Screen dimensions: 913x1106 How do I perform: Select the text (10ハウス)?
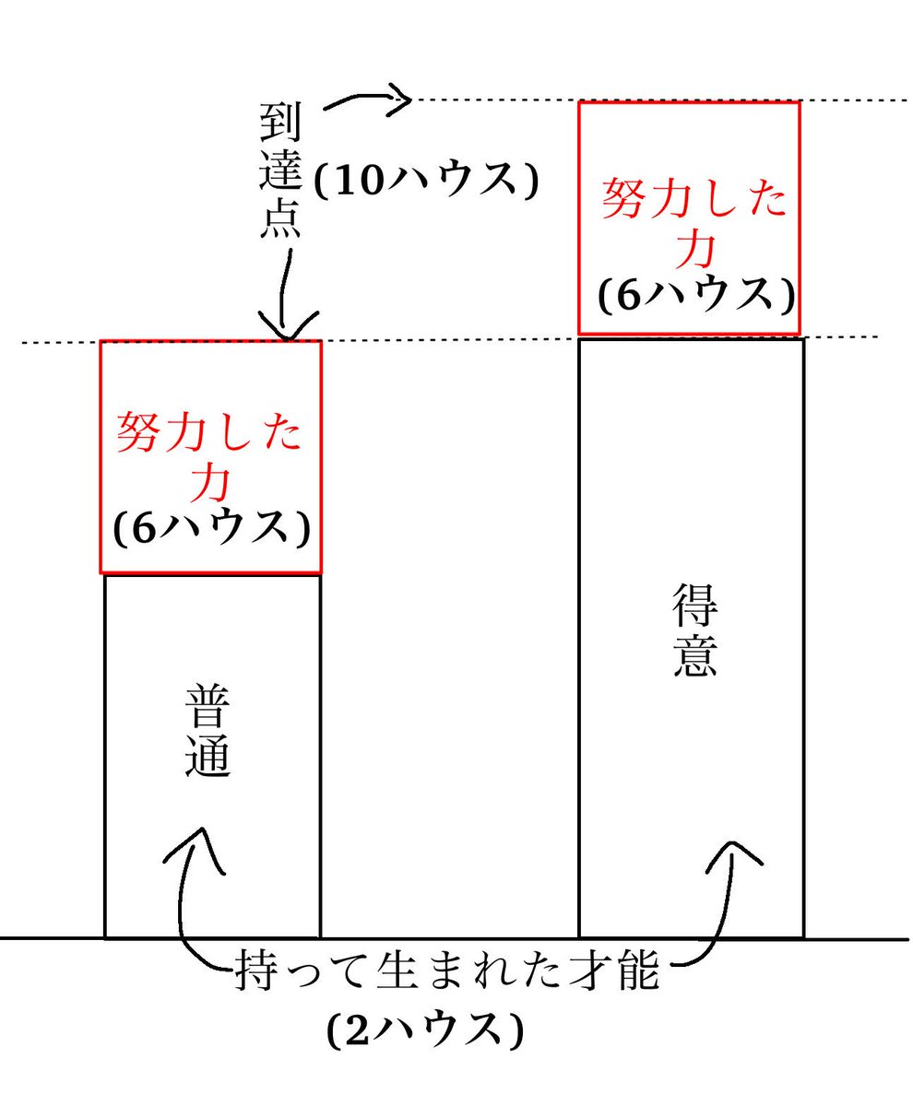[426, 181]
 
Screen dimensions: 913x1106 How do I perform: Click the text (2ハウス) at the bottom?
[426, 1030]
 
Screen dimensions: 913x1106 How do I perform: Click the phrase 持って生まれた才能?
[447, 972]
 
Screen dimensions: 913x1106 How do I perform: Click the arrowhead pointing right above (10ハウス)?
[398, 98]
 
